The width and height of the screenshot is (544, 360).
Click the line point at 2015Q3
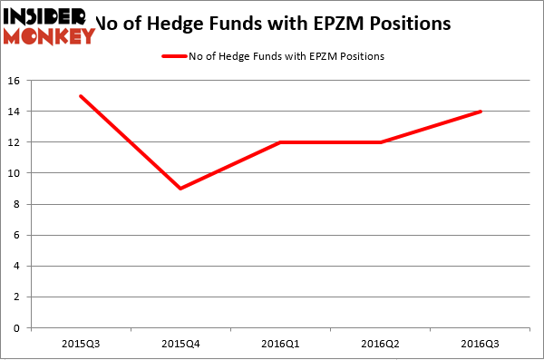pyautogui.click(x=81, y=96)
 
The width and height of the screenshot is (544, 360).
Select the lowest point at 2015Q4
pyautogui.click(x=180, y=189)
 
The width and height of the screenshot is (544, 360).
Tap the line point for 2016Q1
pyautogui.click(x=280, y=142)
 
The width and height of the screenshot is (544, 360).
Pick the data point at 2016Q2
pyautogui.click(x=381, y=142)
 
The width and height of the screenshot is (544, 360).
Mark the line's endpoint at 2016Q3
pyautogui.click(x=481, y=112)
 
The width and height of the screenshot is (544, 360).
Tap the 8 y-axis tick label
pyautogui.click(x=17, y=204)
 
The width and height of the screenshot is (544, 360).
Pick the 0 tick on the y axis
pyautogui.click(x=17, y=328)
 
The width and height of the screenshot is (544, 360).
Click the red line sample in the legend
pyautogui.click(x=174, y=56)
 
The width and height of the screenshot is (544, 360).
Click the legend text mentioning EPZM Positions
pyautogui.click(x=287, y=56)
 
